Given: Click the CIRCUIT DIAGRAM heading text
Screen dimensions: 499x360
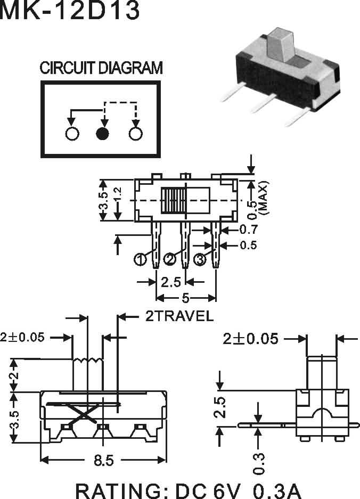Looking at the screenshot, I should (101, 68).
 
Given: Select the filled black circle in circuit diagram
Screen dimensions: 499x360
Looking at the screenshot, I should (103, 134).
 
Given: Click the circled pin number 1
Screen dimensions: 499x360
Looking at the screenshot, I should (141, 259).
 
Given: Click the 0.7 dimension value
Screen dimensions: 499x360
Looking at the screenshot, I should (248, 230).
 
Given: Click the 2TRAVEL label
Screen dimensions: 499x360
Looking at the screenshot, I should (179, 316).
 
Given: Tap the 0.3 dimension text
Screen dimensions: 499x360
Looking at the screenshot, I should (259, 463).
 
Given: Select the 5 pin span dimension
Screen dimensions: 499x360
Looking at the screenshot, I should (185, 299).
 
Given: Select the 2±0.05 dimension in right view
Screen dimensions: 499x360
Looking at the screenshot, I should (251, 338).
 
